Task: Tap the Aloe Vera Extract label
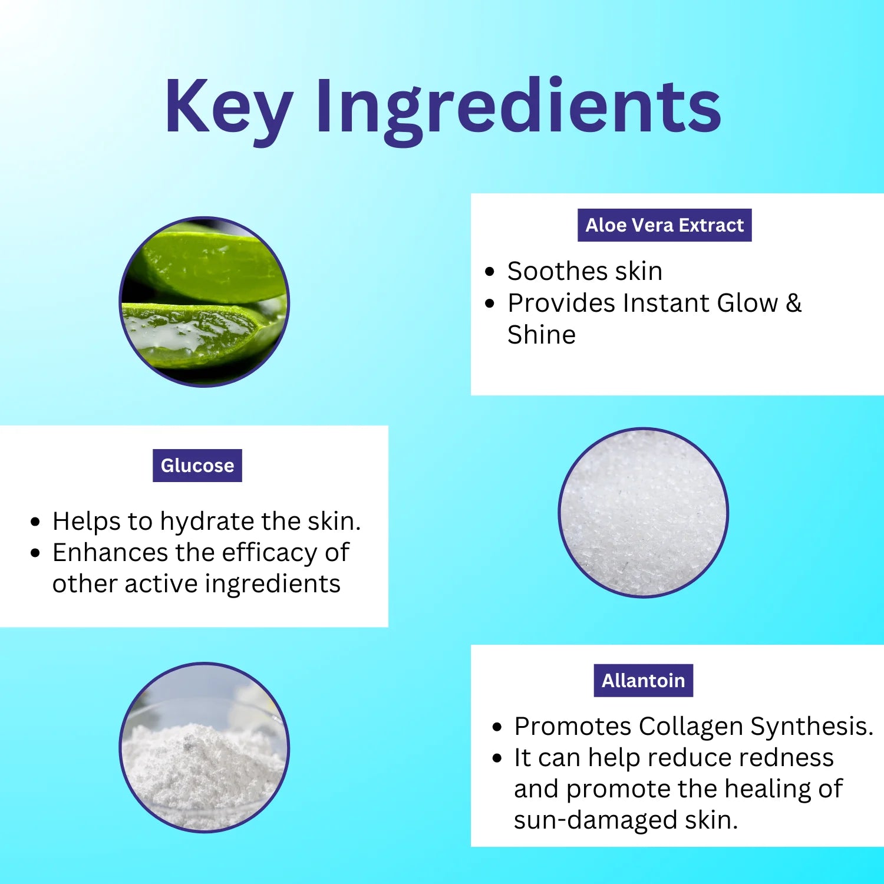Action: [x=664, y=225]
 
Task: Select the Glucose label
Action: [x=197, y=466]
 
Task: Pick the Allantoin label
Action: [x=644, y=681]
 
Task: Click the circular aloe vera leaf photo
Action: [x=204, y=302]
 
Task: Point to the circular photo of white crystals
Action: [x=644, y=512]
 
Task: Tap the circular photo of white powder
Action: [x=204, y=747]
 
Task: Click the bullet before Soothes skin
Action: [x=490, y=272]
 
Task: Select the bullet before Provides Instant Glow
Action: [x=490, y=304]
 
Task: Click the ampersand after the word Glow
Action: [x=794, y=303]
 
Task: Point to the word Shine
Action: [x=542, y=335]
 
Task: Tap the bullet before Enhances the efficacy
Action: [x=36, y=553]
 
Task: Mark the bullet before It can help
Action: [x=497, y=758]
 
